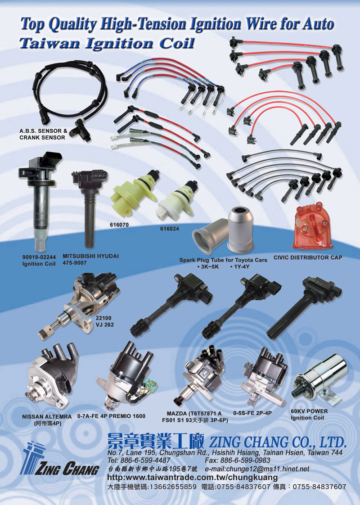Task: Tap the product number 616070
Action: (x=119, y=225)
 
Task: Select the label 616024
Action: (x=170, y=229)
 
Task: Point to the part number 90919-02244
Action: (x=39, y=257)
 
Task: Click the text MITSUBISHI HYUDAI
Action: (x=90, y=256)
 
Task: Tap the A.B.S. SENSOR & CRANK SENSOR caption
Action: (x=44, y=134)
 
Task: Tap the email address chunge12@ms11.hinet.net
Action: (x=256, y=469)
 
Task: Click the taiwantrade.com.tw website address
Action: (x=192, y=477)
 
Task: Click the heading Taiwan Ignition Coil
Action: (x=107, y=44)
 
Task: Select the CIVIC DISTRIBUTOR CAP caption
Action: (x=308, y=257)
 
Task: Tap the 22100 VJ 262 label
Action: (x=104, y=321)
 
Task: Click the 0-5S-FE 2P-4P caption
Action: (x=252, y=413)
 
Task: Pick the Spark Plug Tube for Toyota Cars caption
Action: (x=223, y=260)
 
